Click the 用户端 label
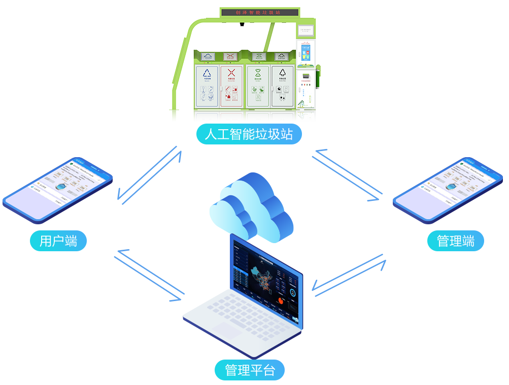(58, 241)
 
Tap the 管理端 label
(455, 241)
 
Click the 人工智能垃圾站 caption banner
(248, 134)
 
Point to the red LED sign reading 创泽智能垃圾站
(259, 11)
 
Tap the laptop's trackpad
(226, 331)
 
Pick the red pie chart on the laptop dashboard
(280, 301)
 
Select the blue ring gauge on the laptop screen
(294, 293)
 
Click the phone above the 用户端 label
(57, 190)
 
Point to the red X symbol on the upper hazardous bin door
(231, 74)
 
